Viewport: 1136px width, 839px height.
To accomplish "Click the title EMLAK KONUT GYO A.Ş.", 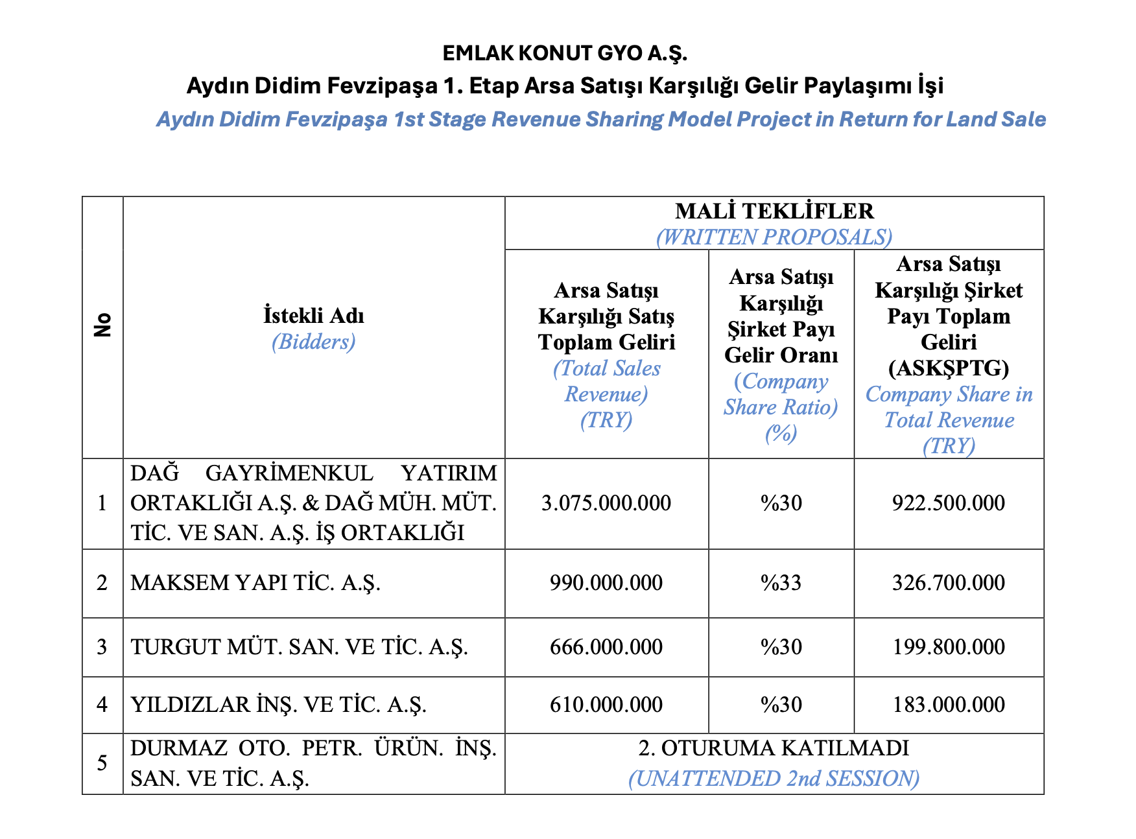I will (x=564, y=53).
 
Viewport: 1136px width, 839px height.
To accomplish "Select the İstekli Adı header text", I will (x=314, y=316).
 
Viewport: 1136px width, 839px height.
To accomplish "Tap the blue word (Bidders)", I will (x=314, y=342).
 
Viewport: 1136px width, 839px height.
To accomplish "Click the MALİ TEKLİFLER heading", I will (x=774, y=211).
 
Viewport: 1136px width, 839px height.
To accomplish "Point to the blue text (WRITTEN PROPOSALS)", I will (x=774, y=237).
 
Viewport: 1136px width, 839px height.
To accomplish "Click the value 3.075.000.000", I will (x=606, y=503).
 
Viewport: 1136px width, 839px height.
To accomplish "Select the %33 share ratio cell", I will (x=781, y=582).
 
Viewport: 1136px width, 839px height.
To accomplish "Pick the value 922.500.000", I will (x=949, y=503).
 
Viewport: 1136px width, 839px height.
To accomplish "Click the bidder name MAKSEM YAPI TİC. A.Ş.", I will (x=255, y=582).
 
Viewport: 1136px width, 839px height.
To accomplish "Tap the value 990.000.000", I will (x=606, y=582).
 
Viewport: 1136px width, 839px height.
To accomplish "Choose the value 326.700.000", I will (x=949, y=582).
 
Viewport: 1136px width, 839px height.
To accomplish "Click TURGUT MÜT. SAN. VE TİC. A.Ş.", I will (x=299, y=646).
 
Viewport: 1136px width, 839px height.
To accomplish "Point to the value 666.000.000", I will (x=606, y=646).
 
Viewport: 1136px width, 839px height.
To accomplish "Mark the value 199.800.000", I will (x=949, y=646).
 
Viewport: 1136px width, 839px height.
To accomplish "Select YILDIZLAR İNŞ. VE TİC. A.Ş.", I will (x=279, y=705).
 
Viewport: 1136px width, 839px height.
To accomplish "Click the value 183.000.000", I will (x=949, y=705).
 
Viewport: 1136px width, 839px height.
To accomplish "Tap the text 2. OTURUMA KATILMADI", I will (x=774, y=748).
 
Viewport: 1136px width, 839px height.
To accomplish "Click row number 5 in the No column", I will (x=102, y=763).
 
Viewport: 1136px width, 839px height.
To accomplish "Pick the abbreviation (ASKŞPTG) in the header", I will (x=949, y=368).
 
